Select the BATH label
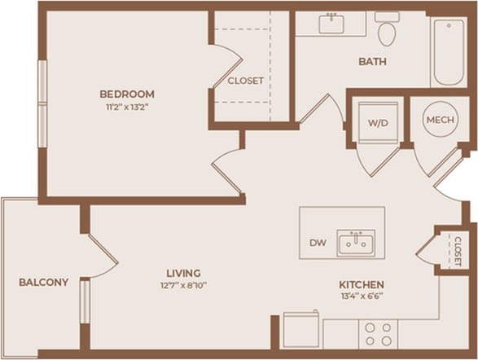pyautogui.click(x=372, y=62)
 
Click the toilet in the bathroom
pyautogui.click(x=387, y=29)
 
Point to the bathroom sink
pyautogui.click(x=331, y=24)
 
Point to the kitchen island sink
pyautogui.click(x=356, y=242)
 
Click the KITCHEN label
pyautogui.click(x=362, y=284)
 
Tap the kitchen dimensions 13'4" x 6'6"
pyautogui.click(x=362, y=296)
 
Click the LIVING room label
pyautogui.click(x=182, y=273)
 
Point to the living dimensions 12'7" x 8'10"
pyautogui.click(x=182, y=285)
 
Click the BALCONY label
pyautogui.click(x=43, y=283)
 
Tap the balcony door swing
pyautogui.click(x=101, y=258)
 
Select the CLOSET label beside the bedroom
pyautogui.click(x=245, y=81)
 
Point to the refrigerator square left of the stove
pyautogui.click(x=301, y=330)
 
